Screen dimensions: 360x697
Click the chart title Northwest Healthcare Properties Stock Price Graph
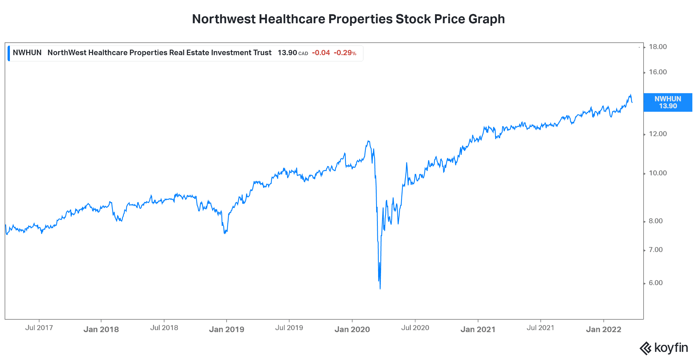tap(348, 19)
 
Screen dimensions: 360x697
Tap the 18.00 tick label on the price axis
tap(658, 47)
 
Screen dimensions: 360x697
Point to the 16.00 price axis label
tap(658, 72)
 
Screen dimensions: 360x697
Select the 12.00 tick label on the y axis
tap(658, 134)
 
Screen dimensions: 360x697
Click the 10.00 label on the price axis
tap(658, 173)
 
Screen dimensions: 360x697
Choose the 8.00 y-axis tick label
tap(655, 221)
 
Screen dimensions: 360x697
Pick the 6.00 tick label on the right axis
tap(655, 283)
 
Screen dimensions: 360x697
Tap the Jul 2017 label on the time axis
tap(39, 328)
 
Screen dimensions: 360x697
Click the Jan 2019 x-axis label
tap(227, 329)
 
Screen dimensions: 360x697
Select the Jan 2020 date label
tap(352, 329)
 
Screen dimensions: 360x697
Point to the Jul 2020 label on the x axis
tap(415, 328)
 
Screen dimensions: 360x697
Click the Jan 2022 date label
tap(603, 329)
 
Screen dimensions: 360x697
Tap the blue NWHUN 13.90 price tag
tap(668, 102)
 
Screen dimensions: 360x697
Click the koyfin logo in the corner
tap(664, 348)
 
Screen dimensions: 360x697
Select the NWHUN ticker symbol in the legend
tap(27, 53)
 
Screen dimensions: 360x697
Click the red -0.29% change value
tap(345, 53)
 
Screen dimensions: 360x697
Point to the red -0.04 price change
tap(321, 53)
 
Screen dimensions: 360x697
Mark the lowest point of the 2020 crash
tap(380, 289)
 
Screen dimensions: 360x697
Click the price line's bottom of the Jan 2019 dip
tap(225, 233)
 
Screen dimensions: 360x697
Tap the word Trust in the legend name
tap(262, 53)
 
